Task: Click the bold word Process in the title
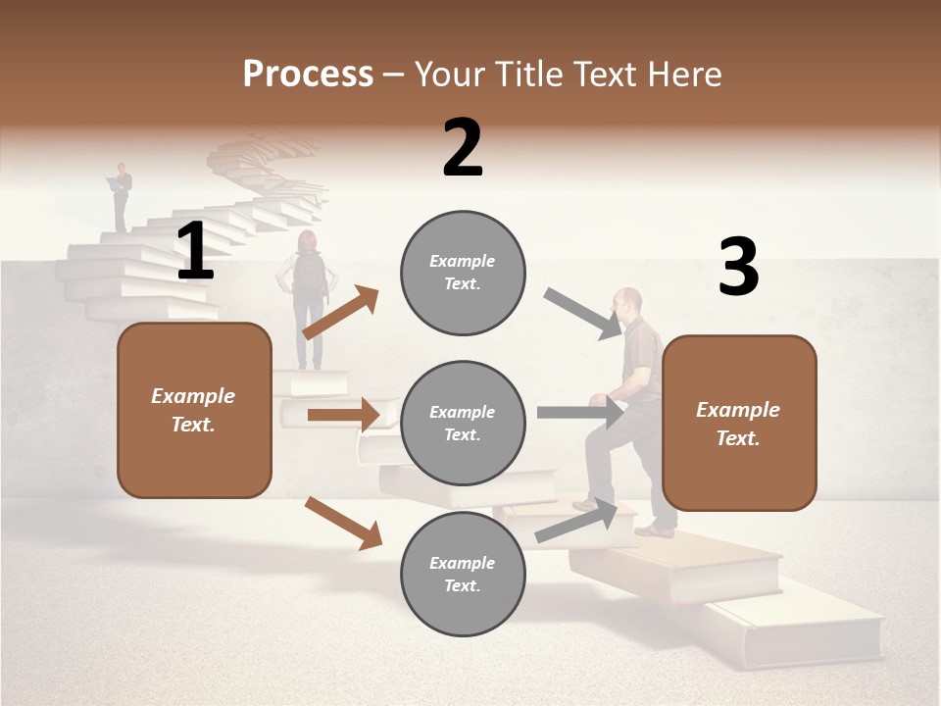[308, 74]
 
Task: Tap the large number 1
[195, 251]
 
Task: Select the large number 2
[463, 148]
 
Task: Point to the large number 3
[738, 268]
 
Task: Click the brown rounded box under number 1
[194, 410]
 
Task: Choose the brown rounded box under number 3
[739, 423]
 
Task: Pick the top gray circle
[463, 273]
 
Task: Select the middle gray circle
[463, 423]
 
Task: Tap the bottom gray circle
[463, 574]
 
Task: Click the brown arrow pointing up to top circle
[340, 314]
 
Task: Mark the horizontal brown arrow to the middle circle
[343, 415]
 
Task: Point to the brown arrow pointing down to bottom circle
[343, 523]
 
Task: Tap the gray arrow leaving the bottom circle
[576, 521]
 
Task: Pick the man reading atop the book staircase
[121, 196]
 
